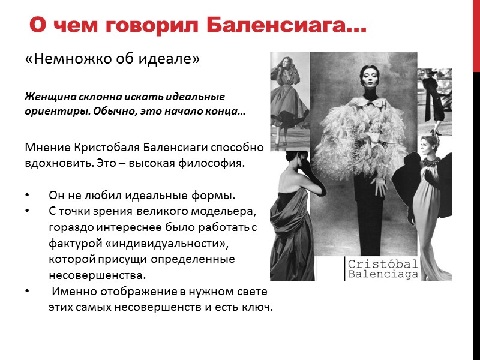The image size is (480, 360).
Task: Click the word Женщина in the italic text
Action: click(47, 97)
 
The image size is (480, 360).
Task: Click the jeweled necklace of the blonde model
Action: click(430, 163)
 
